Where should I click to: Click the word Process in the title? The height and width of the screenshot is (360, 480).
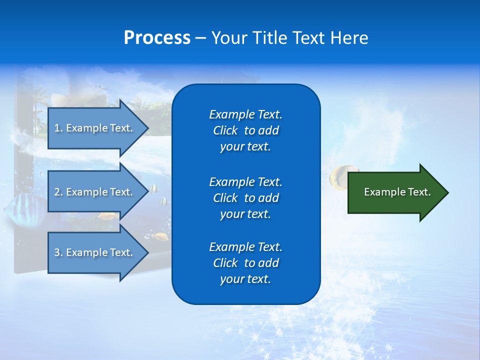pyautogui.click(x=156, y=38)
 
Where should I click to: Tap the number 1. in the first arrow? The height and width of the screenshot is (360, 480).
pyautogui.click(x=58, y=128)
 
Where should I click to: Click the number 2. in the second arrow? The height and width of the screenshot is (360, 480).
pyautogui.click(x=58, y=192)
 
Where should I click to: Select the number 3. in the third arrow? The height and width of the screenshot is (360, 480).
pyautogui.click(x=58, y=252)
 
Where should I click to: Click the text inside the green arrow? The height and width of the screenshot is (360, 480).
pyautogui.click(x=397, y=192)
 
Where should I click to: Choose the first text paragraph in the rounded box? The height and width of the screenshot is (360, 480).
pyautogui.click(x=245, y=130)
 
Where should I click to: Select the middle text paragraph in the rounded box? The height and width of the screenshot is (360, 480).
pyautogui.click(x=245, y=198)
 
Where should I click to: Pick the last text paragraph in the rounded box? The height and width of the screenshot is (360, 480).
pyautogui.click(x=245, y=263)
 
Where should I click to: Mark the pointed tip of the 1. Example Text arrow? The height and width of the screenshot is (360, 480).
pyautogui.click(x=147, y=128)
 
